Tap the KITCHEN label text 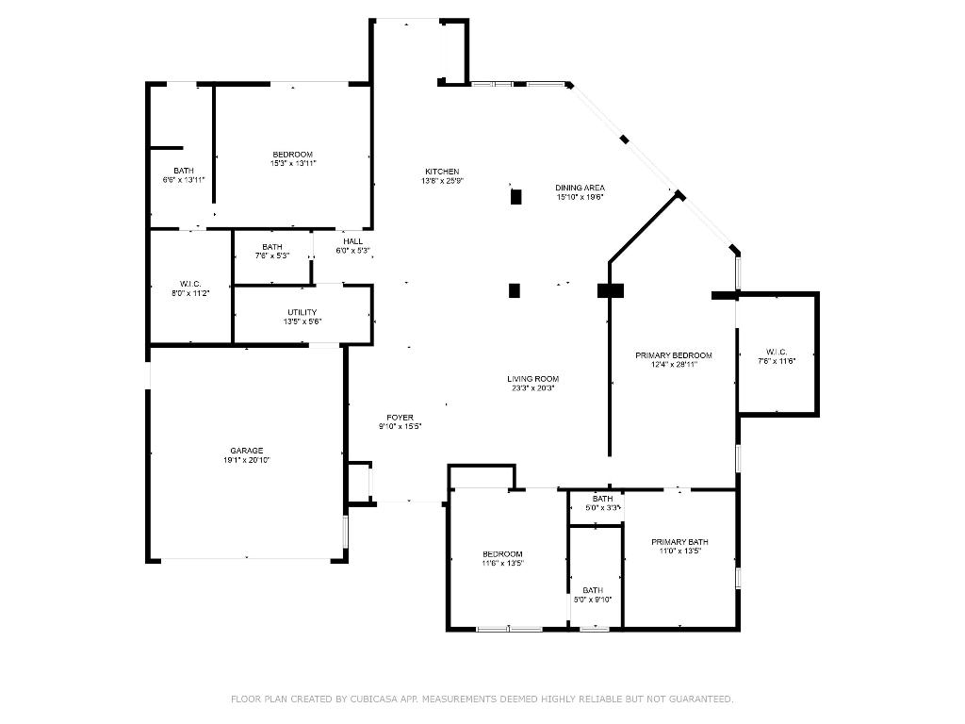pyautogui.click(x=442, y=172)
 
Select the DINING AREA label pyautogui.click(x=580, y=188)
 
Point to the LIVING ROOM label pyautogui.click(x=534, y=379)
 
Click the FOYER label pyautogui.click(x=400, y=418)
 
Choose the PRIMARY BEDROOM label pyautogui.click(x=673, y=355)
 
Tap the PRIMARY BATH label pyautogui.click(x=679, y=542)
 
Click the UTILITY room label pyautogui.click(x=303, y=313)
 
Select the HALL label pyautogui.click(x=353, y=241)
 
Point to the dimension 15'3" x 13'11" pyautogui.click(x=293, y=163)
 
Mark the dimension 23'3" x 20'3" pyautogui.click(x=534, y=387)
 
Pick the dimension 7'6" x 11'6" pyautogui.click(x=777, y=361)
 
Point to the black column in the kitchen pyautogui.click(x=515, y=197)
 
